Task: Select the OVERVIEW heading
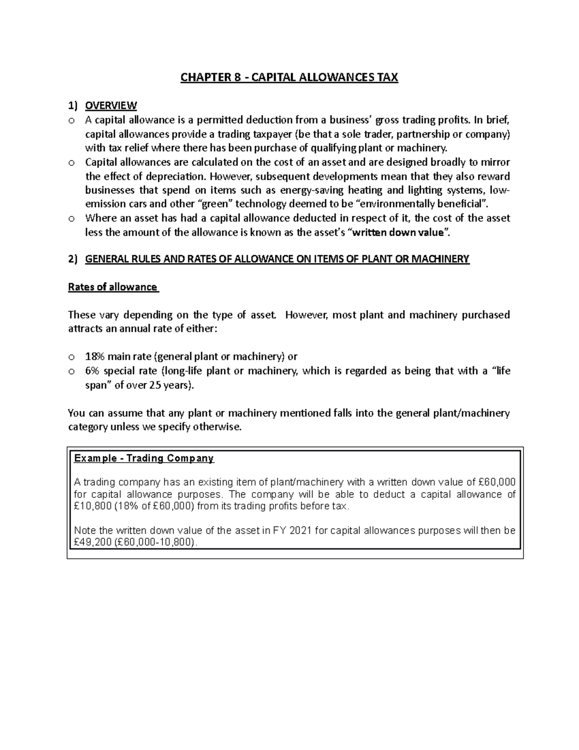pos(111,105)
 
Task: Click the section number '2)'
pos(72,259)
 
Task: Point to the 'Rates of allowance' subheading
pos(112,287)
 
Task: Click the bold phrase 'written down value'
pos(399,232)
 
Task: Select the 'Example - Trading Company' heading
pos(144,458)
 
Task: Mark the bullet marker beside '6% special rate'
pos(71,371)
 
